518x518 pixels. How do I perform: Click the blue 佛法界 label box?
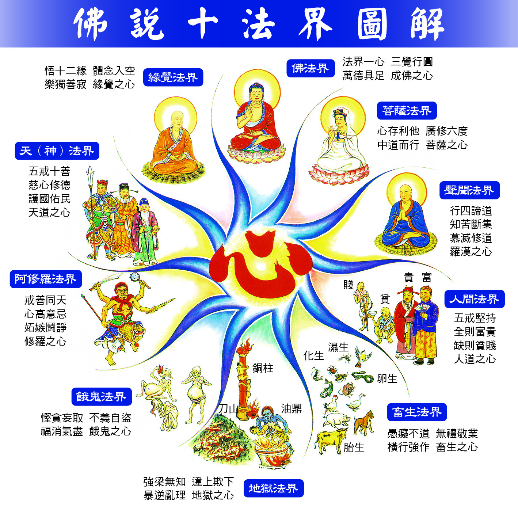[311, 68]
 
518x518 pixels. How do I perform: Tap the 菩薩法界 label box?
[407, 110]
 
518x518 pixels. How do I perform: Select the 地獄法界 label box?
[274, 488]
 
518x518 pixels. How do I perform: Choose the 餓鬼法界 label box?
[102, 396]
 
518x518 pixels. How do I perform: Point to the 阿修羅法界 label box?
[46, 279]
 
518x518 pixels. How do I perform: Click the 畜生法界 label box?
[417, 412]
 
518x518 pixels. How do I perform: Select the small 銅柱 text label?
[263, 368]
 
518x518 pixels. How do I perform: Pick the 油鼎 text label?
[292, 409]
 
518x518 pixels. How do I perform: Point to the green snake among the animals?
[362, 377]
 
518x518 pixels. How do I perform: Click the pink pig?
[336, 420]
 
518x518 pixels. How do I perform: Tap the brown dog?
[364, 423]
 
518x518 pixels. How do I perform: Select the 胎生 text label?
[354, 447]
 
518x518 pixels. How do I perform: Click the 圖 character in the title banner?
[372, 24]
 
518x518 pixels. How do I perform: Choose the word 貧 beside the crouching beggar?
[385, 299]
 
